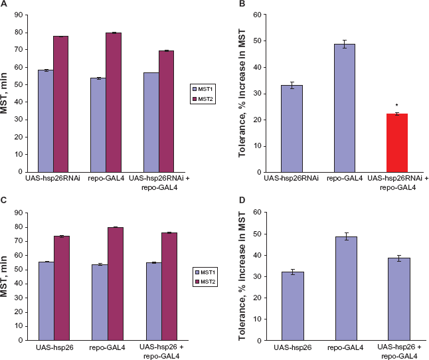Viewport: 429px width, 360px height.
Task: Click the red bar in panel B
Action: coord(397,143)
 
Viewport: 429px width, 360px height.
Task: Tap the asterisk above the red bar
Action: coord(396,106)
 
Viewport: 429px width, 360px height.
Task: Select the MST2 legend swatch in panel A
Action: coord(195,99)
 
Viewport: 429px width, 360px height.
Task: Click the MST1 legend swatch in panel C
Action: coord(197,272)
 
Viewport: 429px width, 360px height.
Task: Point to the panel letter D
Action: coord(242,200)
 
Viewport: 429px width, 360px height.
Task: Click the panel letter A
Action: coord(3,3)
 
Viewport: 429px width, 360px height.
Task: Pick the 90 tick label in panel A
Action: coord(19,15)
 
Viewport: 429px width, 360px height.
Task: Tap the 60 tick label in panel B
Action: coord(257,15)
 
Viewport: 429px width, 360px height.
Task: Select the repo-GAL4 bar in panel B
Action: coord(345,108)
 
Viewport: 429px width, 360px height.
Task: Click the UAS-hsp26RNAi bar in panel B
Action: coord(292,129)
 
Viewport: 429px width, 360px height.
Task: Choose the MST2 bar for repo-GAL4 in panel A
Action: coord(114,102)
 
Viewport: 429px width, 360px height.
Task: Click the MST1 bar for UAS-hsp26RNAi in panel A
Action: coord(46,121)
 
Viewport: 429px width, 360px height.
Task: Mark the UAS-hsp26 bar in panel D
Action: coord(293,306)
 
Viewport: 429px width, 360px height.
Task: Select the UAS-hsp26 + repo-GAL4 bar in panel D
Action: coord(399,299)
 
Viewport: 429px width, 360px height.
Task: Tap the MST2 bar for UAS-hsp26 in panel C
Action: coord(62,288)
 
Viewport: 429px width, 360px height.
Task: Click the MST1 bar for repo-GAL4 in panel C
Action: coord(100,303)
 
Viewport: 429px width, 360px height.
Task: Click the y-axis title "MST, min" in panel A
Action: coord(4,93)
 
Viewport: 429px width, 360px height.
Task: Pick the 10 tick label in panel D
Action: coord(257,319)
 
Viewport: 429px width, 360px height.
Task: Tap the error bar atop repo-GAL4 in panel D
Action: coord(347,236)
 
